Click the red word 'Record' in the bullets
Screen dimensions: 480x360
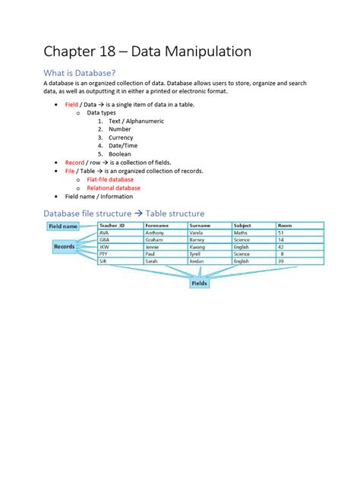click(75, 163)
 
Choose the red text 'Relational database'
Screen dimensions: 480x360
click(113, 188)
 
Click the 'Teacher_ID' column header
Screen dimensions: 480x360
click(112, 226)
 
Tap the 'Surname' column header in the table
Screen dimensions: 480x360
click(201, 226)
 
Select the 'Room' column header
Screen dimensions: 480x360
click(286, 226)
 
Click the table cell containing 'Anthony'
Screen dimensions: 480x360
click(155, 233)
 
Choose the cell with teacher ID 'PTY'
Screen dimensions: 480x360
click(104, 254)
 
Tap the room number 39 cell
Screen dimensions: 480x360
click(282, 261)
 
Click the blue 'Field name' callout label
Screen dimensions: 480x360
click(64, 226)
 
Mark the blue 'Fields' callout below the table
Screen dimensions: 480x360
click(199, 283)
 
